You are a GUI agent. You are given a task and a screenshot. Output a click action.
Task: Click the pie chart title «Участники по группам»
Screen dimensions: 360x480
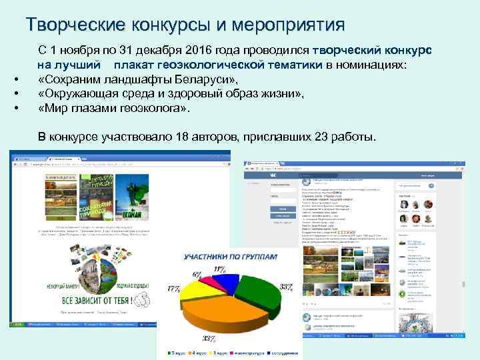click(x=231, y=256)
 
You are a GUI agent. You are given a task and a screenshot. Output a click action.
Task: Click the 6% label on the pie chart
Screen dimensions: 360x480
click(x=197, y=274)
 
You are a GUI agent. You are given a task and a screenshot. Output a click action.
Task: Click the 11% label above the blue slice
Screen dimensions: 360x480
click(x=219, y=268)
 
